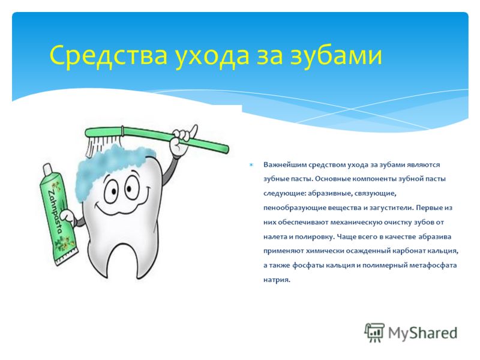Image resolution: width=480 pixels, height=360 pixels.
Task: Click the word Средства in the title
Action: (109, 55)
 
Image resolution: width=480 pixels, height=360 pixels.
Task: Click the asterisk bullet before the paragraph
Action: (251, 165)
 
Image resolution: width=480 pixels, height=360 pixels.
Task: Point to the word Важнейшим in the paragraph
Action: (284, 164)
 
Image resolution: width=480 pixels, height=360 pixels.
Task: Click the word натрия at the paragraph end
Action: (277, 280)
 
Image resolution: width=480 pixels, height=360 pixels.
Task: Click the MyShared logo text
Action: (423, 333)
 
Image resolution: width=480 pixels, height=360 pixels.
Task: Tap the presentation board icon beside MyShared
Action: (374, 332)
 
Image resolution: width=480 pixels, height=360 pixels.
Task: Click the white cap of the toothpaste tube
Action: (47, 169)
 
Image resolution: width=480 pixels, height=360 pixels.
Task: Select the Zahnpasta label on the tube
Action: (55, 211)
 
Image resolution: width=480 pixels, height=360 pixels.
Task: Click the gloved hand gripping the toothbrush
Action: (179, 142)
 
